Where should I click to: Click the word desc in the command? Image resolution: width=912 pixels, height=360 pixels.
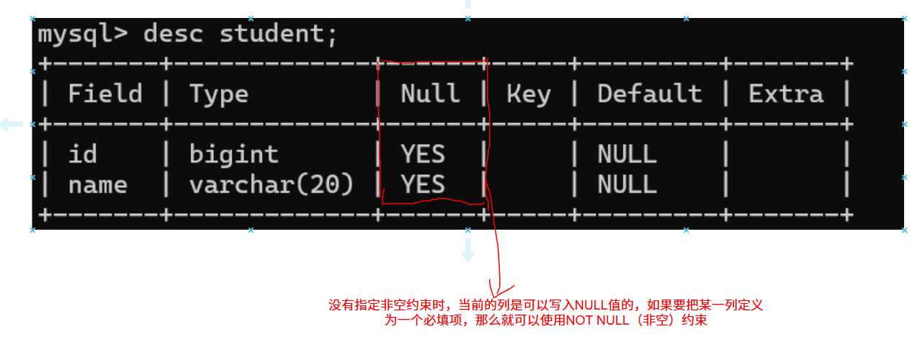tap(173, 34)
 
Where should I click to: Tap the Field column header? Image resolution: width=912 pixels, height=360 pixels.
tap(105, 94)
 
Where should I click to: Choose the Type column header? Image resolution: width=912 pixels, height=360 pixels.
tap(219, 94)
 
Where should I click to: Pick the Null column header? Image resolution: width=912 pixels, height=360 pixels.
tap(430, 94)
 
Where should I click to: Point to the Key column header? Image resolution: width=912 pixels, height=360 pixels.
tap(529, 94)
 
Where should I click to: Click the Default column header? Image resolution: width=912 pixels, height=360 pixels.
tap(649, 94)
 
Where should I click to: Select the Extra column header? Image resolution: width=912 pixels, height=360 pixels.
tap(786, 94)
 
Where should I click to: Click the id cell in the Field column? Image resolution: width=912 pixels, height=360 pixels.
tap(83, 154)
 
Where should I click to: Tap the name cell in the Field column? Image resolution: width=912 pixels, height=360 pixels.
tap(98, 185)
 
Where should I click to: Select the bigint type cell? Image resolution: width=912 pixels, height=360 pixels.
tap(234, 154)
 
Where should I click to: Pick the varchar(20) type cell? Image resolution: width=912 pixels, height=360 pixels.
tap(272, 185)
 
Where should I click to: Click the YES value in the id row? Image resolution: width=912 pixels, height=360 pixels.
tap(423, 154)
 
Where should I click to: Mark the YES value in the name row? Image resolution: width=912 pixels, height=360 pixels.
tap(423, 185)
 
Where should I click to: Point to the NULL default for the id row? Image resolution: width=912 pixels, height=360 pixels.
tap(627, 154)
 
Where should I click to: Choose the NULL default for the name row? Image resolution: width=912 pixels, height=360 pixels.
tap(627, 185)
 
